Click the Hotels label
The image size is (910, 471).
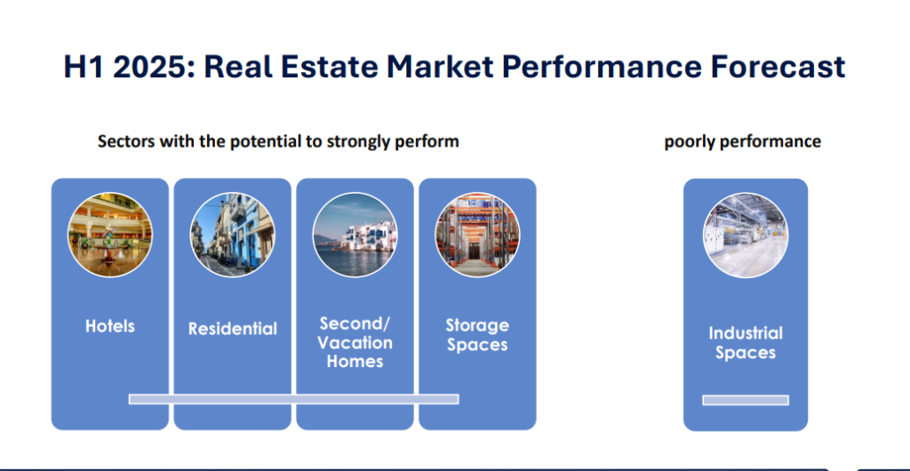(109, 326)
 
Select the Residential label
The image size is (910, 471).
(233, 329)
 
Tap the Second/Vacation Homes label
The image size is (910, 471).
(355, 342)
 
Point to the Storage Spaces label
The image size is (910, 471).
(477, 335)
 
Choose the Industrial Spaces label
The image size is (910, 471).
(746, 343)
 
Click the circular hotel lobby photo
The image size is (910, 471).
(109, 235)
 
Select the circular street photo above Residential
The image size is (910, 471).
(233, 235)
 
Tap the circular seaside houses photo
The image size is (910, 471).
(355, 235)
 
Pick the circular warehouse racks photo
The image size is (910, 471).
(477, 235)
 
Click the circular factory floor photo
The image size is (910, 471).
(746, 235)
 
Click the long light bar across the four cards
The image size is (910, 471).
(293, 399)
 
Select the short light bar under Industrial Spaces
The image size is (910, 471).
(746, 400)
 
